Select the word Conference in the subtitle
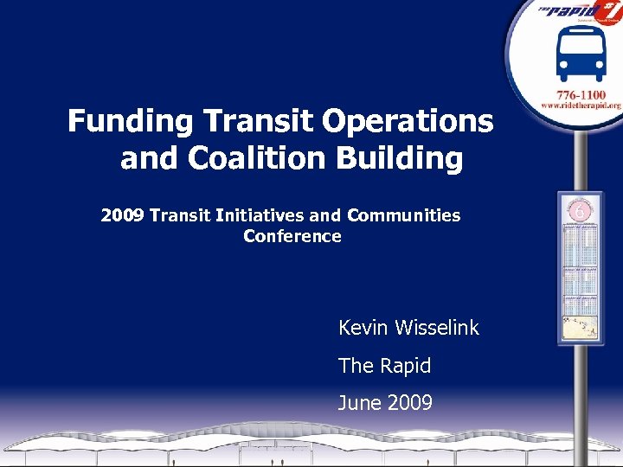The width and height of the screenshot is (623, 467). (292, 236)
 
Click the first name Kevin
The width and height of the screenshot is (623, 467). (363, 329)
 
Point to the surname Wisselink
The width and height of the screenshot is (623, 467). (436, 329)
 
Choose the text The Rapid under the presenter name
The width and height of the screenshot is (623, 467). (384, 366)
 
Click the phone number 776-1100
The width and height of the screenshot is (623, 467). (581, 93)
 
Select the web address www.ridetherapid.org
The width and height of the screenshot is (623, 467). (581, 105)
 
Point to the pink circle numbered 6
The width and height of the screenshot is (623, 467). (581, 211)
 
